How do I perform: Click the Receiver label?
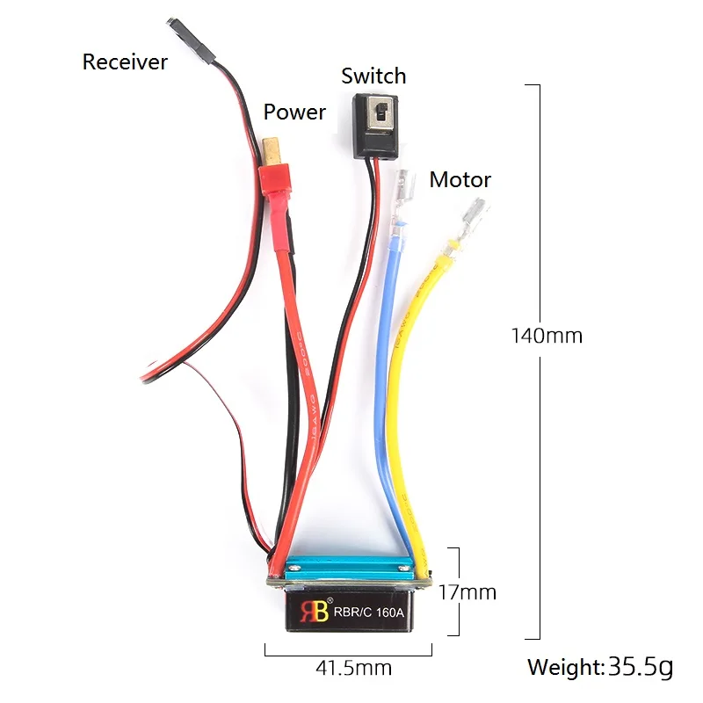click(x=124, y=62)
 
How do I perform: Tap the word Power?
click(x=294, y=112)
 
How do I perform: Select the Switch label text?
click(x=373, y=76)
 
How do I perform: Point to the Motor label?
click(x=460, y=180)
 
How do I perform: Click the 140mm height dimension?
click(x=547, y=335)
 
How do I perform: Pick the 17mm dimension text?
click(x=467, y=592)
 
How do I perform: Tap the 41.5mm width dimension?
click(x=353, y=668)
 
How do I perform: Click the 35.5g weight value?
click(x=640, y=667)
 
